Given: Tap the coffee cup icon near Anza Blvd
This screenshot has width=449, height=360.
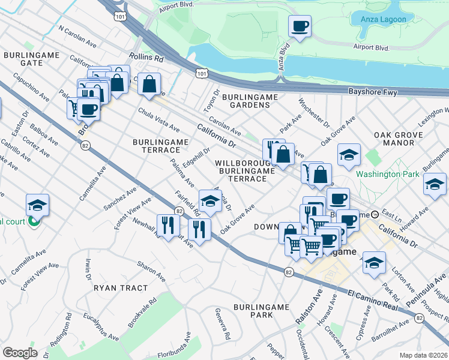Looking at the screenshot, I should [299, 26].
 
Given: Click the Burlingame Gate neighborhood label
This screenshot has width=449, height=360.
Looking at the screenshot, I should [23, 58].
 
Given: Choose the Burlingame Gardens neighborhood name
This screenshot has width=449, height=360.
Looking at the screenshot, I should [246, 101].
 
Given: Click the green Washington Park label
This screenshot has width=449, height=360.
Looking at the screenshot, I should [384, 174].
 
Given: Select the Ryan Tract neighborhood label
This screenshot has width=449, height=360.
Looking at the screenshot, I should [121, 288].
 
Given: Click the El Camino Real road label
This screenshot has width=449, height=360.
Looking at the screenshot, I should [373, 301].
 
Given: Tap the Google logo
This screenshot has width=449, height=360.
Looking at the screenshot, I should [20, 352].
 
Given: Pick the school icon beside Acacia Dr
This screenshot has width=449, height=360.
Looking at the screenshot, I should [210, 202].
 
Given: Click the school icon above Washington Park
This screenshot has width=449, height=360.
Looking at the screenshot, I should [349, 155].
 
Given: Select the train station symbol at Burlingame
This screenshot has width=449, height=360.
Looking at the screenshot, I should [375, 214].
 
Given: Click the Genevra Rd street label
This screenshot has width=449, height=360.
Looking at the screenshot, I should [221, 324].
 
